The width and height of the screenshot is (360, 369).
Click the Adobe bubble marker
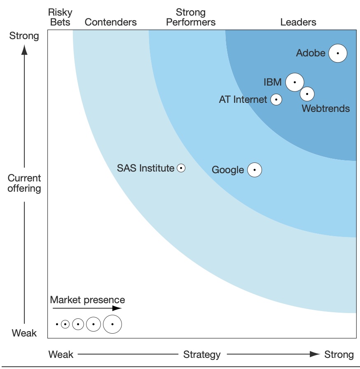[x=338, y=53]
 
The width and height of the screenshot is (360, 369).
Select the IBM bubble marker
[x=295, y=82]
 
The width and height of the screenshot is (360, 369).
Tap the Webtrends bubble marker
[x=307, y=94]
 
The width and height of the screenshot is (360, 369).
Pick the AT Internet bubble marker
[x=276, y=99]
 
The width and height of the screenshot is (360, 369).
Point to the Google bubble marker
[x=255, y=169]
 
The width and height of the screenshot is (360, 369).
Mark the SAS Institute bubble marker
[x=181, y=168]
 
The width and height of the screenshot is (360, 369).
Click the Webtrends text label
[x=325, y=109]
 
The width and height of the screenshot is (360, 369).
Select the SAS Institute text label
[x=145, y=168]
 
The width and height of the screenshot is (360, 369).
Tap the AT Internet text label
[x=243, y=99]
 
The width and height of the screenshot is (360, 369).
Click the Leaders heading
[x=298, y=22]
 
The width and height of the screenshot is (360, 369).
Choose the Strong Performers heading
[x=191, y=17]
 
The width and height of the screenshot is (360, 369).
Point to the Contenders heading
[x=110, y=22]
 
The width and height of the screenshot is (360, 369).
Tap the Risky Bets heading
[x=60, y=17]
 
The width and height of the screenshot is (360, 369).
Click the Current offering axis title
[x=24, y=183]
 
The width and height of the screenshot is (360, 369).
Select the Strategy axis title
[x=202, y=354]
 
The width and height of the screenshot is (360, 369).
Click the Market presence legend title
[x=87, y=299]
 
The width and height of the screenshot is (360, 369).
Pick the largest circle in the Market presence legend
[x=112, y=324]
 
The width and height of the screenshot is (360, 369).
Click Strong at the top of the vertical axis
[x=24, y=36]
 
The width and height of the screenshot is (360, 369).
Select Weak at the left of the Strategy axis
[x=61, y=354]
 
